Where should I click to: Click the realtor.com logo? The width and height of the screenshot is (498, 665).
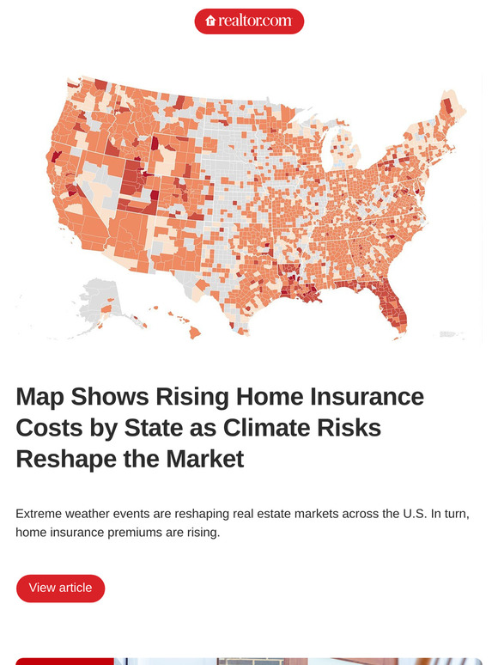coord(249,21)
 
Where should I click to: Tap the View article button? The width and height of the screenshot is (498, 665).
coord(60,589)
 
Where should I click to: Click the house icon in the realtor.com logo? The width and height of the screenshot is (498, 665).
coord(210,21)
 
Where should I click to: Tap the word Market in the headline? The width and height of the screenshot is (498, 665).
coord(206,459)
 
